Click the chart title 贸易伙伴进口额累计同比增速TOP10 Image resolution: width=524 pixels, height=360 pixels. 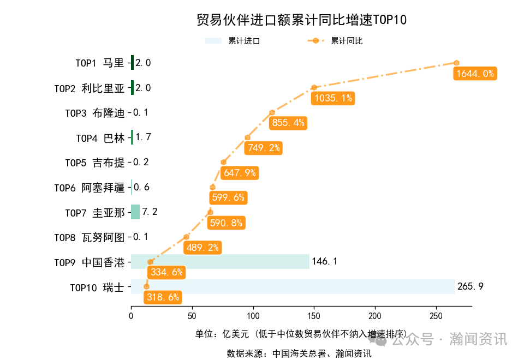point(301,20)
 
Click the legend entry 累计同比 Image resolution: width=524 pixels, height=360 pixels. point(335,41)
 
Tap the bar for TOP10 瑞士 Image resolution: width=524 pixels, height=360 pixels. point(293,286)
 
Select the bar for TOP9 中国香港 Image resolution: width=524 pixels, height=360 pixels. point(220,261)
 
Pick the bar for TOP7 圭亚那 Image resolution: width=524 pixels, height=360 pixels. point(135,212)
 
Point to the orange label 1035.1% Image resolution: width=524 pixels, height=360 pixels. point(332,98)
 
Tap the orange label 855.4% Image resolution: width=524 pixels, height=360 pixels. point(288,123)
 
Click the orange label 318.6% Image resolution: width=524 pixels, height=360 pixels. point(163,297)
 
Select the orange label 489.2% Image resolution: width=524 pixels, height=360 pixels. point(203,248)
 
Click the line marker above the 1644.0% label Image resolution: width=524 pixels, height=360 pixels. point(456,63)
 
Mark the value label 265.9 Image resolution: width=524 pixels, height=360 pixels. point(470,286)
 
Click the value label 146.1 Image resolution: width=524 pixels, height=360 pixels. point(324,261)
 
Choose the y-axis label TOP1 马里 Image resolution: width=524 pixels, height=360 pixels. point(100,63)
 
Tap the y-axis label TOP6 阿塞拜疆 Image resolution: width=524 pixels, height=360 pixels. point(90,187)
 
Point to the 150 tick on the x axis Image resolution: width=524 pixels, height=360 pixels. point(314,316)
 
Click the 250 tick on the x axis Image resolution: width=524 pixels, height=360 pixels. point(436,316)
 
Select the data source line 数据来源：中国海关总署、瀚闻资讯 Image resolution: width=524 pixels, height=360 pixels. point(299,353)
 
